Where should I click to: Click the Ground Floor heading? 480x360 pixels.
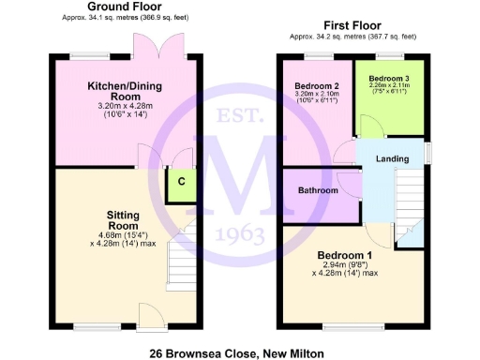[x=122, y=7]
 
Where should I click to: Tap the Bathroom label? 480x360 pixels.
[x=317, y=190]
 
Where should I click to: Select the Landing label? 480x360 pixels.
[x=392, y=159]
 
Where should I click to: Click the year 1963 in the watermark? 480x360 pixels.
[x=240, y=233]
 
